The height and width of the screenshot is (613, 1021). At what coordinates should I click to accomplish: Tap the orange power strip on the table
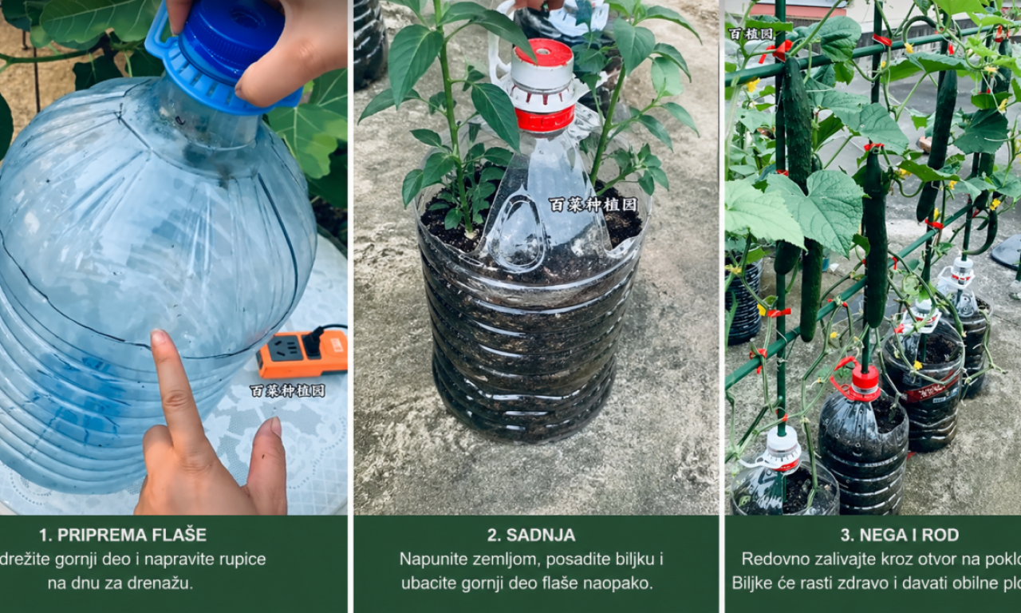pyautogui.click(x=302, y=354)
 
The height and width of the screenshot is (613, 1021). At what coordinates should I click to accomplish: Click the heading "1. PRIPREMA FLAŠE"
pyautogui.click(x=122, y=535)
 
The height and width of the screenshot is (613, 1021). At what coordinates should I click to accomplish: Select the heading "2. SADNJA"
pyautogui.click(x=531, y=535)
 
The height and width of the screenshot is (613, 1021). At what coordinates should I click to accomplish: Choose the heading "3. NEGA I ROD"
pyautogui.click(x=899, y=535)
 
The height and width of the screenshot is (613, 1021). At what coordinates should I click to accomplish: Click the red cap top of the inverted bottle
pyautogui.click(x=543, y=53)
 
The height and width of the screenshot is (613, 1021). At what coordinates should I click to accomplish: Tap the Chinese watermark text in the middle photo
pyautogui.click(x=593, y=204)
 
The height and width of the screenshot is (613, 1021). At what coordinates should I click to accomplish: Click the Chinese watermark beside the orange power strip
pyautogui.click(x=287, y=390)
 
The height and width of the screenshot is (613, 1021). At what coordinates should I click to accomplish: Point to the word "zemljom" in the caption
pyautogui.click(x=487, y=559)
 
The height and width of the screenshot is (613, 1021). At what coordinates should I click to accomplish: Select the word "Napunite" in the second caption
pyautogui.click(x=428, y=559)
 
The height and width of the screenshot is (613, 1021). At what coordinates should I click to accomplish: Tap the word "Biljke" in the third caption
pyautogui.click(x=754, y=583)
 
